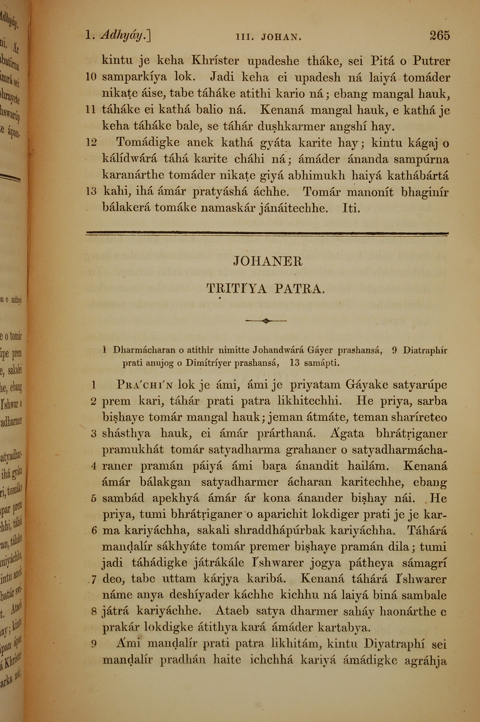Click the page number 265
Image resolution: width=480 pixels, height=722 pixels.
point(440,36)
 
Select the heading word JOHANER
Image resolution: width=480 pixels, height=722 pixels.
point(268,262)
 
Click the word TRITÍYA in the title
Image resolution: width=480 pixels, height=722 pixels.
point(237,288)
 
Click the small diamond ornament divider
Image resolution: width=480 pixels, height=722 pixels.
point(266,321)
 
